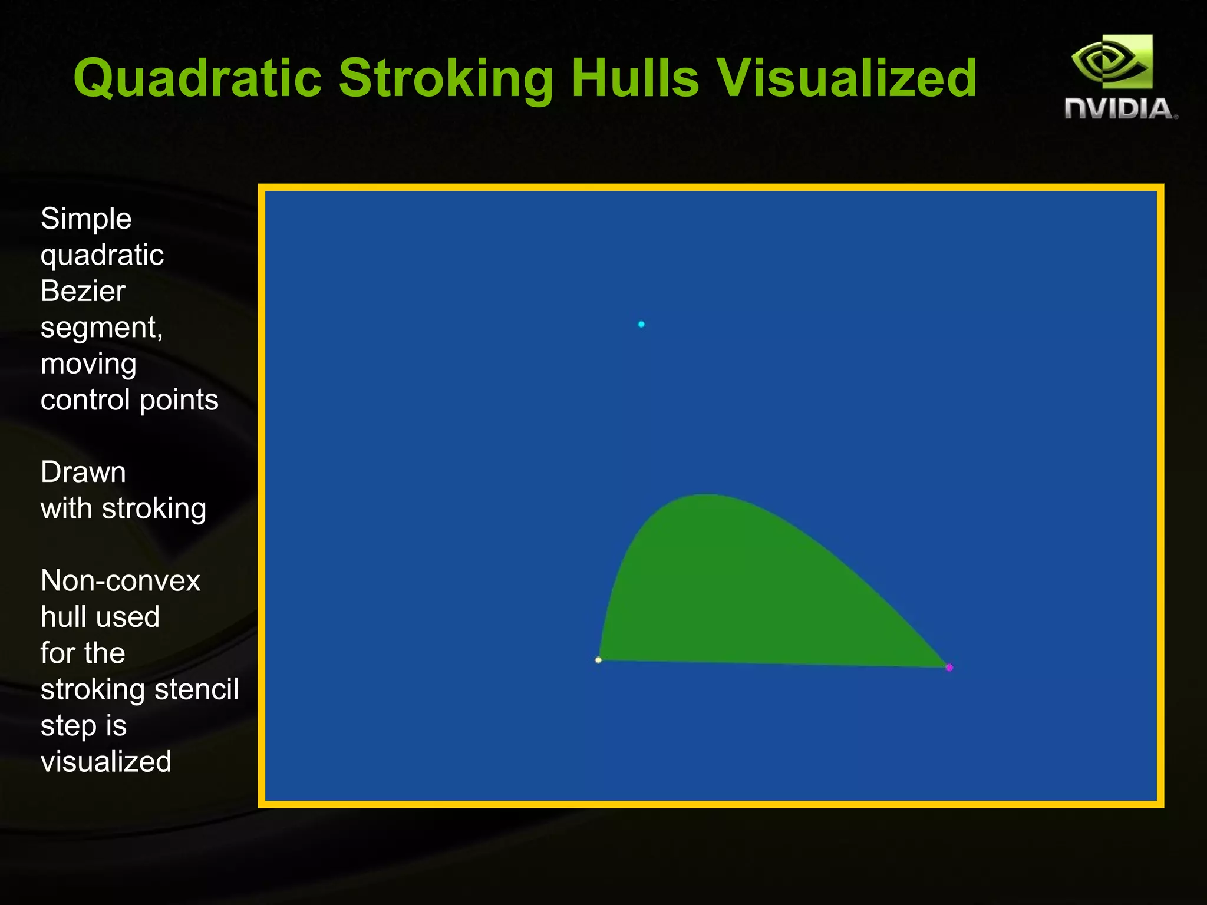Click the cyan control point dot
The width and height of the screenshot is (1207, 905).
(x=641, y=324)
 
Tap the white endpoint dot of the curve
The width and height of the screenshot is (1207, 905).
(x=598, y=660)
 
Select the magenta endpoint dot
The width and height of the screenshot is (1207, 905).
(x=949, y=668)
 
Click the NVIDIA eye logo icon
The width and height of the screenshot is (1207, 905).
(x=1112, y=61)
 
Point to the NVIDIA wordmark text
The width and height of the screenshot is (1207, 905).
(x=1120, y=110)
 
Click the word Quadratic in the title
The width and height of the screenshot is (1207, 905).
(x=197, y=78)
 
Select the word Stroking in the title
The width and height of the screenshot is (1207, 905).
(x=446, y=78)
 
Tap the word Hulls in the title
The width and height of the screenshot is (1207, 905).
(x=635, y=78)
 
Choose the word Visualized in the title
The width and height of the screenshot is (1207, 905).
(x=846, y=78)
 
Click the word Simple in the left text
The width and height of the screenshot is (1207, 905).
(x=86, y=219)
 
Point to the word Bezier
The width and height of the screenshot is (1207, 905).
(x=83, y=291)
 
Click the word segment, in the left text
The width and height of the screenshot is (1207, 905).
(x=101, y=328)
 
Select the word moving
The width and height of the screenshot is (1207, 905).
(x=88, y=364)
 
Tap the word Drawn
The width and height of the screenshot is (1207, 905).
(x=83, y=473)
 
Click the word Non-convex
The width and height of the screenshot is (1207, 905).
(x=120, y=581)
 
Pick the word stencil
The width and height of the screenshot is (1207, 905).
(x=196, y=689)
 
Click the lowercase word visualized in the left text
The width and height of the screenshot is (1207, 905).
(x=106, y=762)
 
